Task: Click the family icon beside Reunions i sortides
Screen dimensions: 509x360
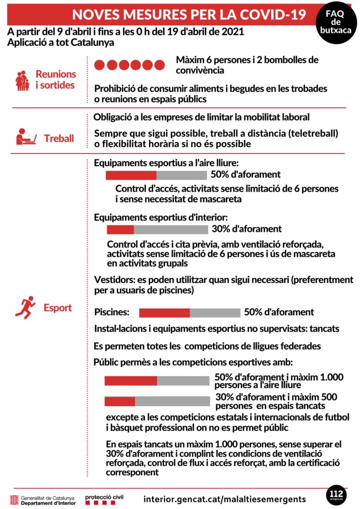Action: pyautogui.click(x=22, y=80)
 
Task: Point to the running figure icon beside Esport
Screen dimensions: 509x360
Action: pyautogui.click(x=25, y=307)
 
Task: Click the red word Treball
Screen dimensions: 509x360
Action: pyautogui.click(x=59, y=138)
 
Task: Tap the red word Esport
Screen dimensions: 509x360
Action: pyautogui.click(x=57, y=307)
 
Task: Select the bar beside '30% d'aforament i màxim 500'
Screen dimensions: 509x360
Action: pyautogui.click(x=157, y=401)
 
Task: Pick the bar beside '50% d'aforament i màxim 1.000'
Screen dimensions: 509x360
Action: pyautogui.click(x=157, y=381)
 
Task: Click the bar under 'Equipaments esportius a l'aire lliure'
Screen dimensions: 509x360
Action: pyautogui.click(x=156, y=175)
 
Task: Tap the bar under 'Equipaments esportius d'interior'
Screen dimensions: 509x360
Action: pyautogui.click(x=157, y=229)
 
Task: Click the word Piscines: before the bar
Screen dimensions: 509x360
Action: pyautogui.click(x=112, y=313)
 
